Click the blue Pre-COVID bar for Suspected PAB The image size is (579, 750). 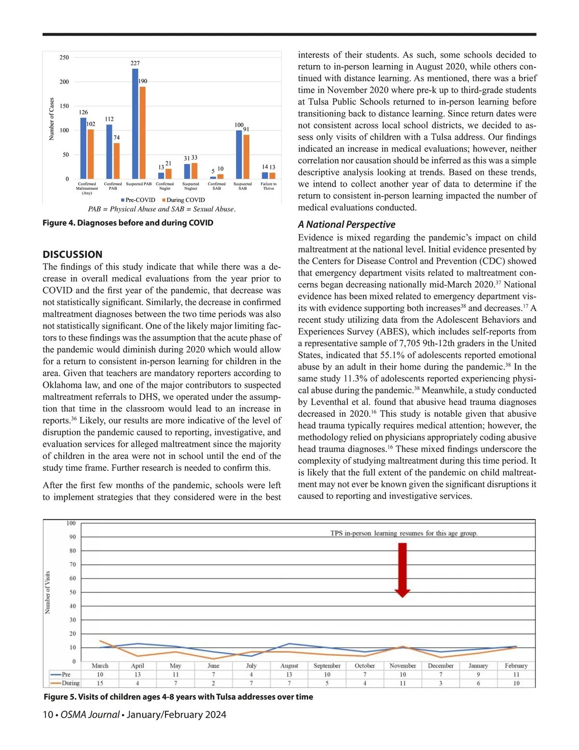(135, 124)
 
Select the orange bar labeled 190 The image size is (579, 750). (142, 133)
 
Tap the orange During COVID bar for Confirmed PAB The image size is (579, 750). (116, 161)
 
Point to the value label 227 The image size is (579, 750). (135, 63)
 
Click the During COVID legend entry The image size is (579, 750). (183, 200)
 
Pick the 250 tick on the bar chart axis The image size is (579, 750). (64, 57)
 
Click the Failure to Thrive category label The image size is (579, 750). (268, 186)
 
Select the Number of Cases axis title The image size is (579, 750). (52, 119)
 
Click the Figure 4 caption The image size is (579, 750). (128, 223)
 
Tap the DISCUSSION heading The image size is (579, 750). (72, 255)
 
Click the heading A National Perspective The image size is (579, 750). (346, 225)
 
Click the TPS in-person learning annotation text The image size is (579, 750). (404, 533)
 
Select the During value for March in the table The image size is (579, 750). (100, 683)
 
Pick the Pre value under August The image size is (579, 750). (289, 674)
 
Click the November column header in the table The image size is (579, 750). (402, 665)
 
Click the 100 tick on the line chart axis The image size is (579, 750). (71, 523)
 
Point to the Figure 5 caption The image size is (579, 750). (178, 697)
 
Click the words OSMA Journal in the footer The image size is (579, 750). (90, 715)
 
